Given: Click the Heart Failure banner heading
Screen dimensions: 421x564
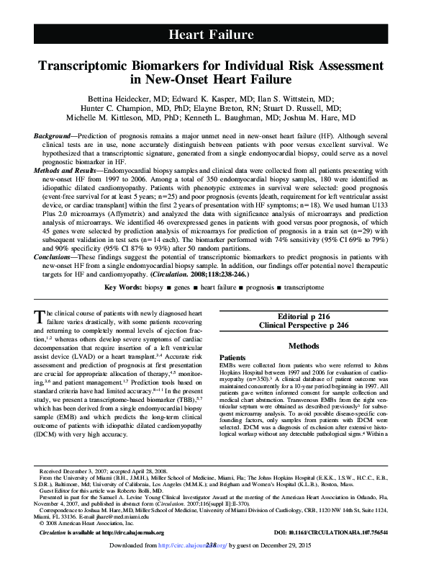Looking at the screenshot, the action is [x=210, y=34].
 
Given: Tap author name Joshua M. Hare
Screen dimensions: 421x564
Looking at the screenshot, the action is [x=325, y=117].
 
